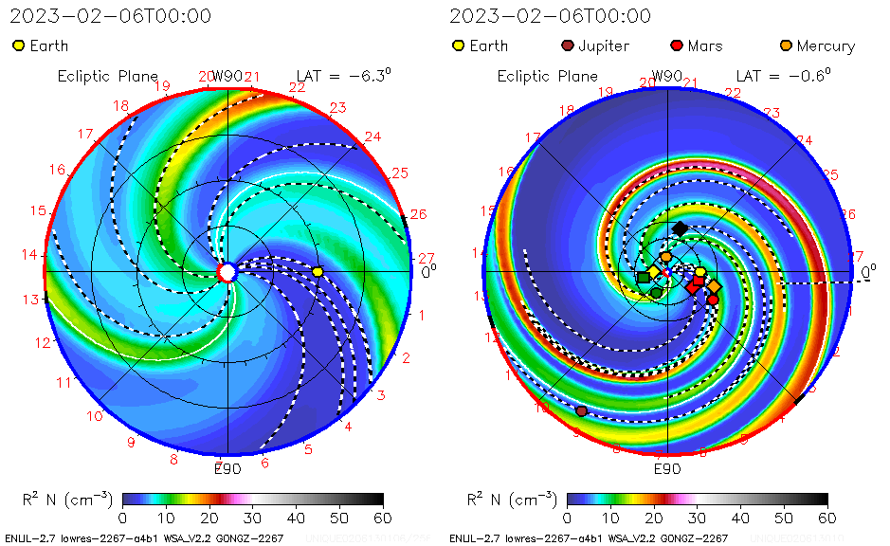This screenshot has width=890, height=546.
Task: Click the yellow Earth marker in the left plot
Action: point(318,272)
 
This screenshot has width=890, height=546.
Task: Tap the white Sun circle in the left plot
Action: point(227,273)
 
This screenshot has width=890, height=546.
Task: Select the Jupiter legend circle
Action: point(568,45)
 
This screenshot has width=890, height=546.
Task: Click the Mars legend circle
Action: point(677,45)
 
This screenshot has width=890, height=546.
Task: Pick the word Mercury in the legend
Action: point(826,45)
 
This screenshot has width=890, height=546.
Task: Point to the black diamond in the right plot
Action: point(680,228)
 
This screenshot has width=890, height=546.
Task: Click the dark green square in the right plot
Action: point(644,278)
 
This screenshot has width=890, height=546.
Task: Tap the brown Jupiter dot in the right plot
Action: point(581,410)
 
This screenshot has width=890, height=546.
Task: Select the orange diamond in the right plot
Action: point(714,286)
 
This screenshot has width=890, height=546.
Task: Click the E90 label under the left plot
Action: point(227,467)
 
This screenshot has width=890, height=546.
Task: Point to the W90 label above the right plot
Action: point(667,76)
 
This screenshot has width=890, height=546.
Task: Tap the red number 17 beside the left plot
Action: point(86,134)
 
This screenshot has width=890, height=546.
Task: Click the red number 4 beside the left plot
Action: point(348,427)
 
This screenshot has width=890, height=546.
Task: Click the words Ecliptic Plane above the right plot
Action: point(547,76)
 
